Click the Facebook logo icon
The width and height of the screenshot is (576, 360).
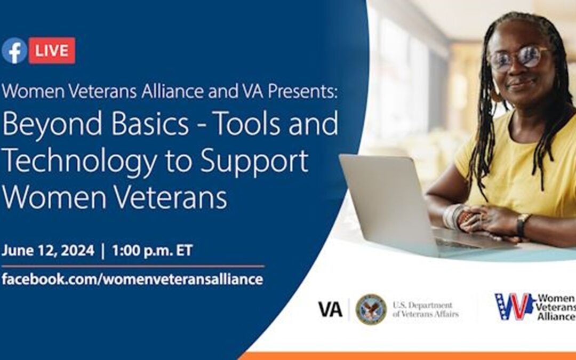pyautogui.click(x=14, y=51)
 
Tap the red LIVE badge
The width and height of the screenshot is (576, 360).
pyautogui.click(x=52, y=50)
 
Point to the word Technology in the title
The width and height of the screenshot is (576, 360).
pyautogui.click(x=79, y=162)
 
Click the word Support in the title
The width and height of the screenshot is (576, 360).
pyautogui.click(x=254, y=162)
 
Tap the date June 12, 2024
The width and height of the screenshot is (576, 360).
pyautogui.click(x=48, y=251)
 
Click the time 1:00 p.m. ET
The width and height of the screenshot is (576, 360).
pyautogui.click(x=152, y=251)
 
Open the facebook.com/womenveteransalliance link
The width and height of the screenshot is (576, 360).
pyautogui.click(x=132, y=279)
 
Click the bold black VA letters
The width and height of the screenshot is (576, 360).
pyautogui.click(x=330, y=309)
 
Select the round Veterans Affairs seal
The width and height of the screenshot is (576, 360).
pyautogui.click(x=371, y=309)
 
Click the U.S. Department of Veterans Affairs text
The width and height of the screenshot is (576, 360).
pyautogui.click(x=426, y=309)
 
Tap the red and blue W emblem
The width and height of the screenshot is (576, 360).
pyautogui.click(x=514, y=306)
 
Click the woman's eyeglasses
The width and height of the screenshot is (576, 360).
pyautogui.click(x=519, y=57)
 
